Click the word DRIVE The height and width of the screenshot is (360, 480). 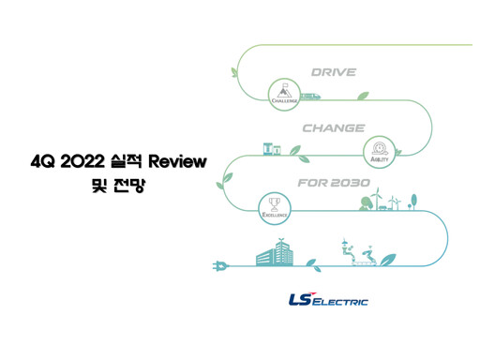click(333, 71)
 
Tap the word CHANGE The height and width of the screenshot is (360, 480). click(333, 127)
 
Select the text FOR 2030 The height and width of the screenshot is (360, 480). click(333, 182)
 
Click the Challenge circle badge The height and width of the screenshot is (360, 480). click(283, 92)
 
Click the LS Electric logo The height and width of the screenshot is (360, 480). click(328, 300)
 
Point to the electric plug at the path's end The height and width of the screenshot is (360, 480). click(221, 265)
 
